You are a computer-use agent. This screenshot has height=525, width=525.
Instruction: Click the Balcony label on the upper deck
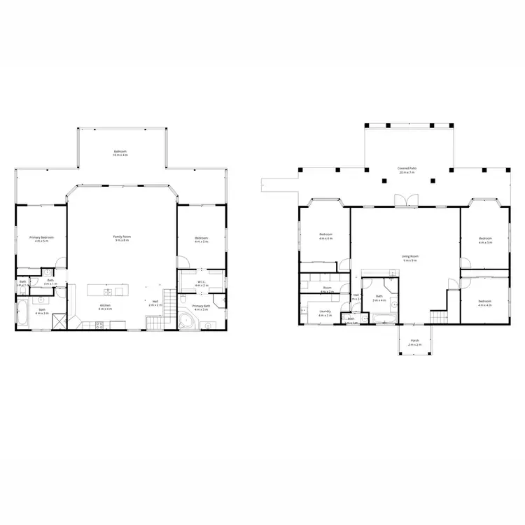[x=121, y=152]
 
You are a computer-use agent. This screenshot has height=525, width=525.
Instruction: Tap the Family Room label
[x=122, y=238]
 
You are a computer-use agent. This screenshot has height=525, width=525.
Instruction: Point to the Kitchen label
[x=105, y=307]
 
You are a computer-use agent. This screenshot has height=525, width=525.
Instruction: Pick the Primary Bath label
[x=202, y=307]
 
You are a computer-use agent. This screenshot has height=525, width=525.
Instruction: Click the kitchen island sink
[x=109, y=291]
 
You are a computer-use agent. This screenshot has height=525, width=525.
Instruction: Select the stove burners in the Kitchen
[x=97, y=323]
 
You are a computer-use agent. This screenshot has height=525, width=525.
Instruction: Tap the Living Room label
[x=409, y=258]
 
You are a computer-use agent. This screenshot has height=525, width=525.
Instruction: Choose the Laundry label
[x=325, y=312]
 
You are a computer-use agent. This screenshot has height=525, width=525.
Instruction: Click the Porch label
[x=414, y=344]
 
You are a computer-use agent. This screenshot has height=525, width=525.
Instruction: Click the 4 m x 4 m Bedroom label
[x=485, y=303]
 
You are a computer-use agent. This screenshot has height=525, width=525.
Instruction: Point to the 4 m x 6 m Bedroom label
[x=326, y=236]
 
